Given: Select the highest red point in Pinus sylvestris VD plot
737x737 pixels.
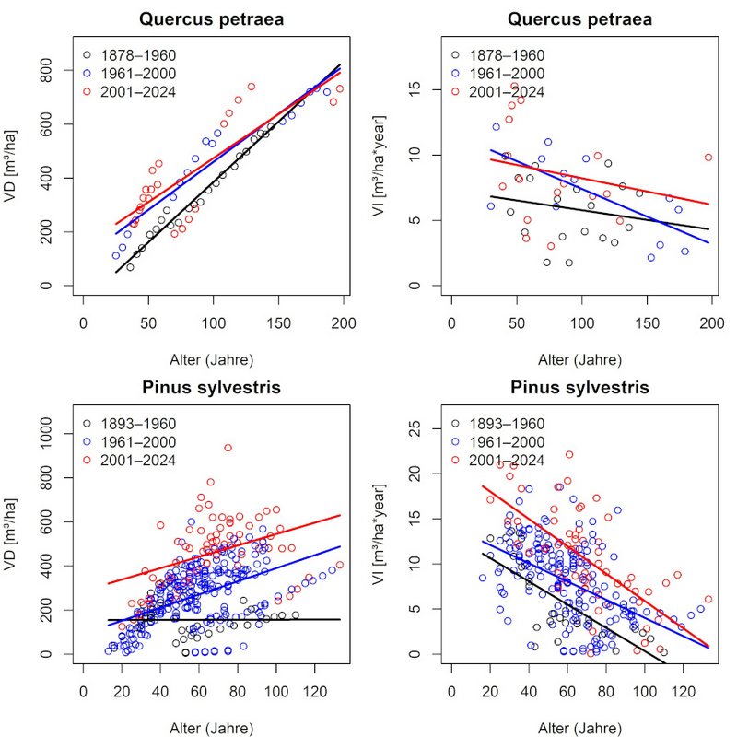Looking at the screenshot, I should pyautogui.click(x=228, y=448).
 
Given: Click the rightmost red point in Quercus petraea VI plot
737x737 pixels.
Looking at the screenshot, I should pyautogui.click(x=708, y=158).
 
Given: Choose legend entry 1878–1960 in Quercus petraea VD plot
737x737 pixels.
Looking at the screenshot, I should pyautogui.click(x=141, y=54).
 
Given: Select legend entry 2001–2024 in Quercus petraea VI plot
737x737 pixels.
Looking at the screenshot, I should pyautogui.click(x=509, y=91).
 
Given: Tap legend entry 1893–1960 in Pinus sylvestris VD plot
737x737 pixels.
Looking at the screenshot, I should pyautogui.click(x=141, y=423).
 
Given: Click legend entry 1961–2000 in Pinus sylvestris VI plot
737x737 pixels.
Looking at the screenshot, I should pyautogui.click(x=509, y=441).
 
